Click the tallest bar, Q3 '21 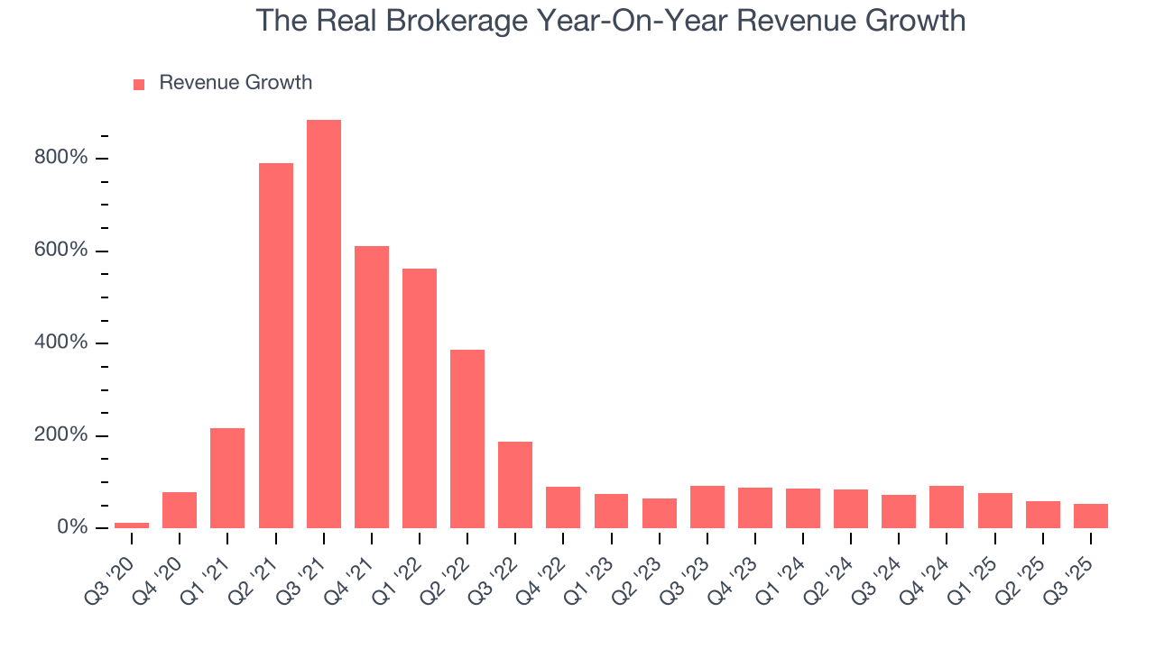click(324, 324)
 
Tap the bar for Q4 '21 click(372, 387)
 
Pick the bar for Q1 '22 click(420, 398)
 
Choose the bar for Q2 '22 click(467, 439)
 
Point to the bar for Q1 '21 click(227, 478)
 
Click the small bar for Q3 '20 click(132, 525)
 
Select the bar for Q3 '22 click(515, 485)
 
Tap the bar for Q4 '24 click(947, 507)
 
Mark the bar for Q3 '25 click(1091, 516)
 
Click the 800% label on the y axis click(62, 159)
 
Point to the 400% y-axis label click(62, 343)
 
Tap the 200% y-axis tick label click(62, 435)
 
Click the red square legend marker click(139, 85)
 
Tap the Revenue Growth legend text click(236, 83)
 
